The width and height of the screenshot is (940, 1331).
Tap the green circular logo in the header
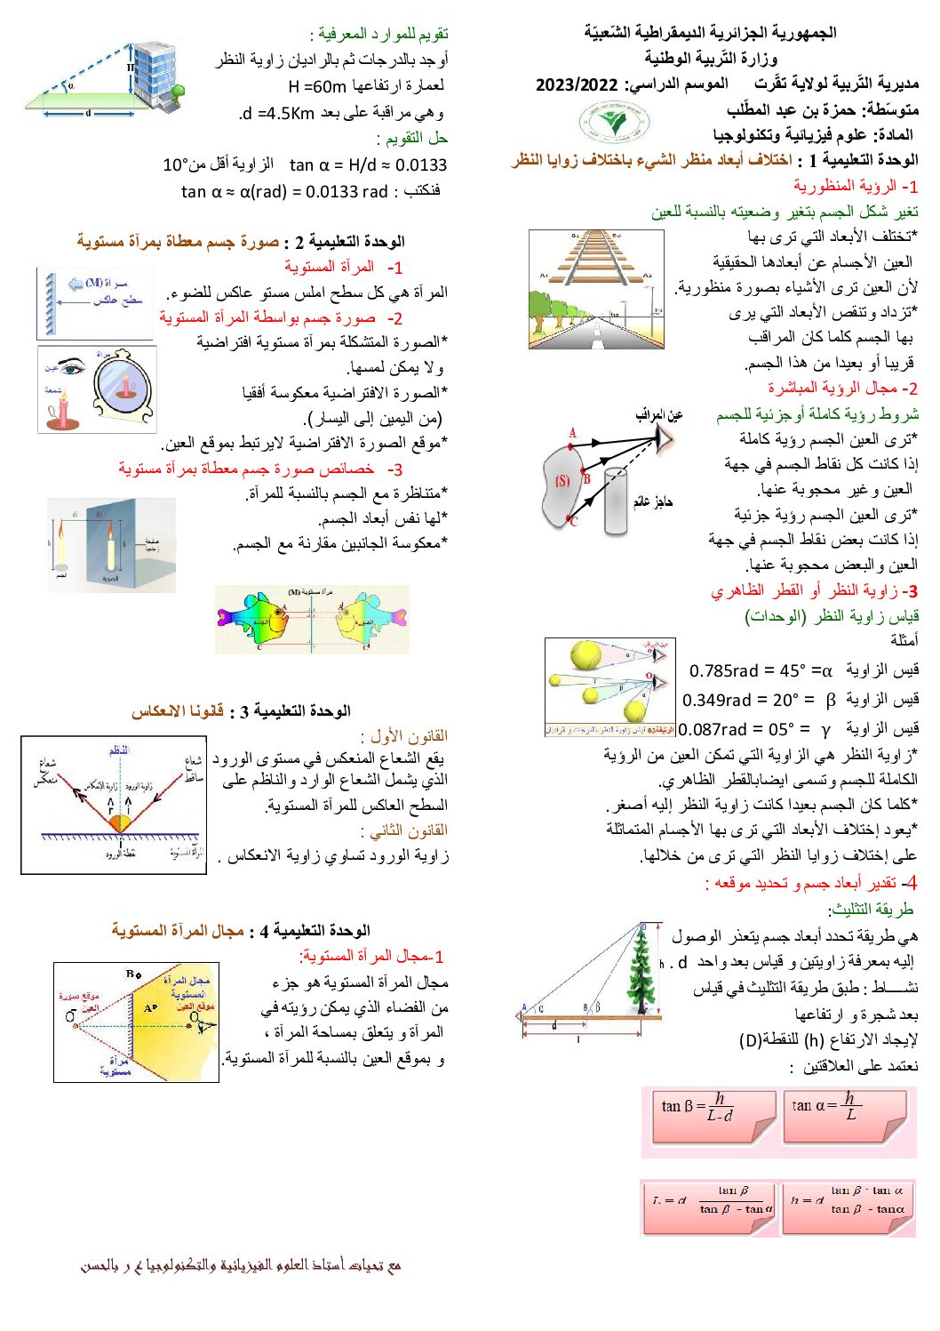[x=612, y=122]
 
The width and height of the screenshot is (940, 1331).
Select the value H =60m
[x=317, y=87]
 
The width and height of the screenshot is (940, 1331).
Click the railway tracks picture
[x=595, y=289]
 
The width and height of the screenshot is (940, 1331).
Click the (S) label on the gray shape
[x=562, y=481]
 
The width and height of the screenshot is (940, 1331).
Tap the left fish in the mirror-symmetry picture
[x=259, y=621]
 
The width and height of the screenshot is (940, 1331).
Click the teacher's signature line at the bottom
[x=241, y=1264]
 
